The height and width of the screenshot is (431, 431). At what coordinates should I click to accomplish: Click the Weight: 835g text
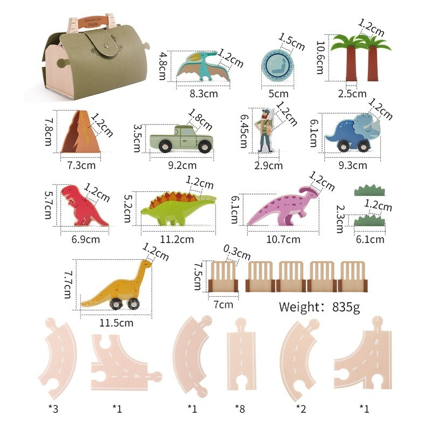pyautogui.click(x=318, y=308)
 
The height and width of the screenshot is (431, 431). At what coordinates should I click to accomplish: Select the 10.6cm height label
pyautogui.click(x=322, y=58)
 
